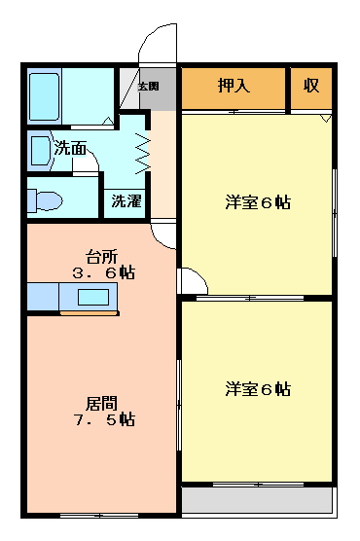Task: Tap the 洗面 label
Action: tap(70, 149)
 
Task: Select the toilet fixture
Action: tap(46, 201)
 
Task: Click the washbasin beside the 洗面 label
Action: tap(38, 151)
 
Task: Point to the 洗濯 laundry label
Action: tap(125, 202)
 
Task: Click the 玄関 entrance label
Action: tap(148, 87)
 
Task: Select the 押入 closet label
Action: tap(234, 86)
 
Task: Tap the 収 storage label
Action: tap(310, 86)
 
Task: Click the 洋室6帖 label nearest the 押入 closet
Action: tap(258, 203)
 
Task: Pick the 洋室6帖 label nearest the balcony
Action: tap(258, 389)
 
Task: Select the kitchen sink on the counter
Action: tap(93, 297)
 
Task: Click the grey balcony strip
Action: tap(257, 500)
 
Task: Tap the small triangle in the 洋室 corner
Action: tap(326, 119)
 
